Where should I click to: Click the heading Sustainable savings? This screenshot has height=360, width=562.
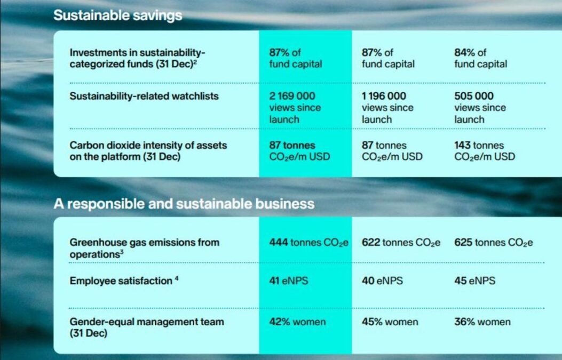click(117, 15)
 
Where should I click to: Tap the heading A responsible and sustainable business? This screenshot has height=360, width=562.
click(184, 204)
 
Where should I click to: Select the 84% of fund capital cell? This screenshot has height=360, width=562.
click(480, 58)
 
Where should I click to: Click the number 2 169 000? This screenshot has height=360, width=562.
click(292, 96)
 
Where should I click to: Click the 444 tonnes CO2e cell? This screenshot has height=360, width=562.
click(308, 243)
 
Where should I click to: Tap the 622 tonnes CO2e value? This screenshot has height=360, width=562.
click(401, 243)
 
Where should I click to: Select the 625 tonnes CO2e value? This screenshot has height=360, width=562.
click(493, 243)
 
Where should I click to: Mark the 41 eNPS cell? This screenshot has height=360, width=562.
click(288, 281)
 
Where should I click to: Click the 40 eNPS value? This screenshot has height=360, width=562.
click(382, 281)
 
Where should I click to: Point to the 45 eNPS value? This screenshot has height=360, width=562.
click(474, 281)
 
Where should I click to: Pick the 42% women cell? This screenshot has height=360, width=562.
click(297, 322)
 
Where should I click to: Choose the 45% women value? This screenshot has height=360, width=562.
click(390, 322)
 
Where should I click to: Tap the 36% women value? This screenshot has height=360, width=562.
click(482, 322)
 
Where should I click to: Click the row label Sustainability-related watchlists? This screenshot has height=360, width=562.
click(144, 96)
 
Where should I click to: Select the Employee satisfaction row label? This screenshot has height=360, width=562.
click(121, 281)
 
